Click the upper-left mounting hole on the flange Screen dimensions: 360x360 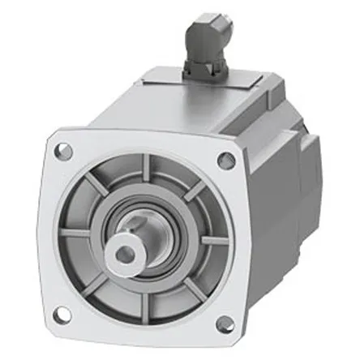pos(65,150)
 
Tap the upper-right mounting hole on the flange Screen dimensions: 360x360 pos(228,161)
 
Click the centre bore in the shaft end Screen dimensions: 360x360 pos(124,255)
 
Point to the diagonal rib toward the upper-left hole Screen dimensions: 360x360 pos(95,188)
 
